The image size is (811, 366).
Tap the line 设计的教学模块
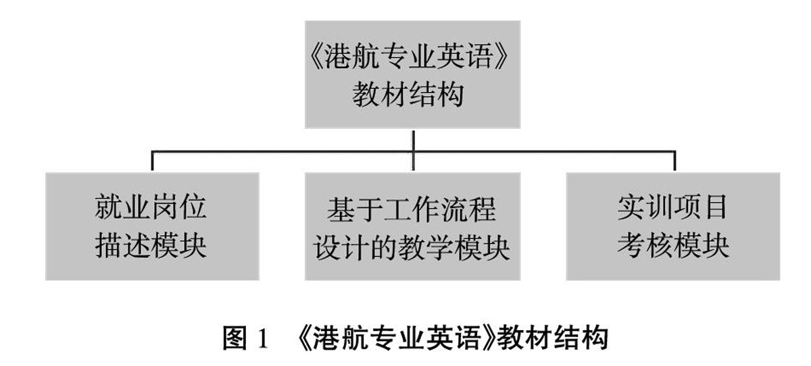[412, 248]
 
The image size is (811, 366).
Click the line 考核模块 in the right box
[673, 246]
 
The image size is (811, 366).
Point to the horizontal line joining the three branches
[284, 151]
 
